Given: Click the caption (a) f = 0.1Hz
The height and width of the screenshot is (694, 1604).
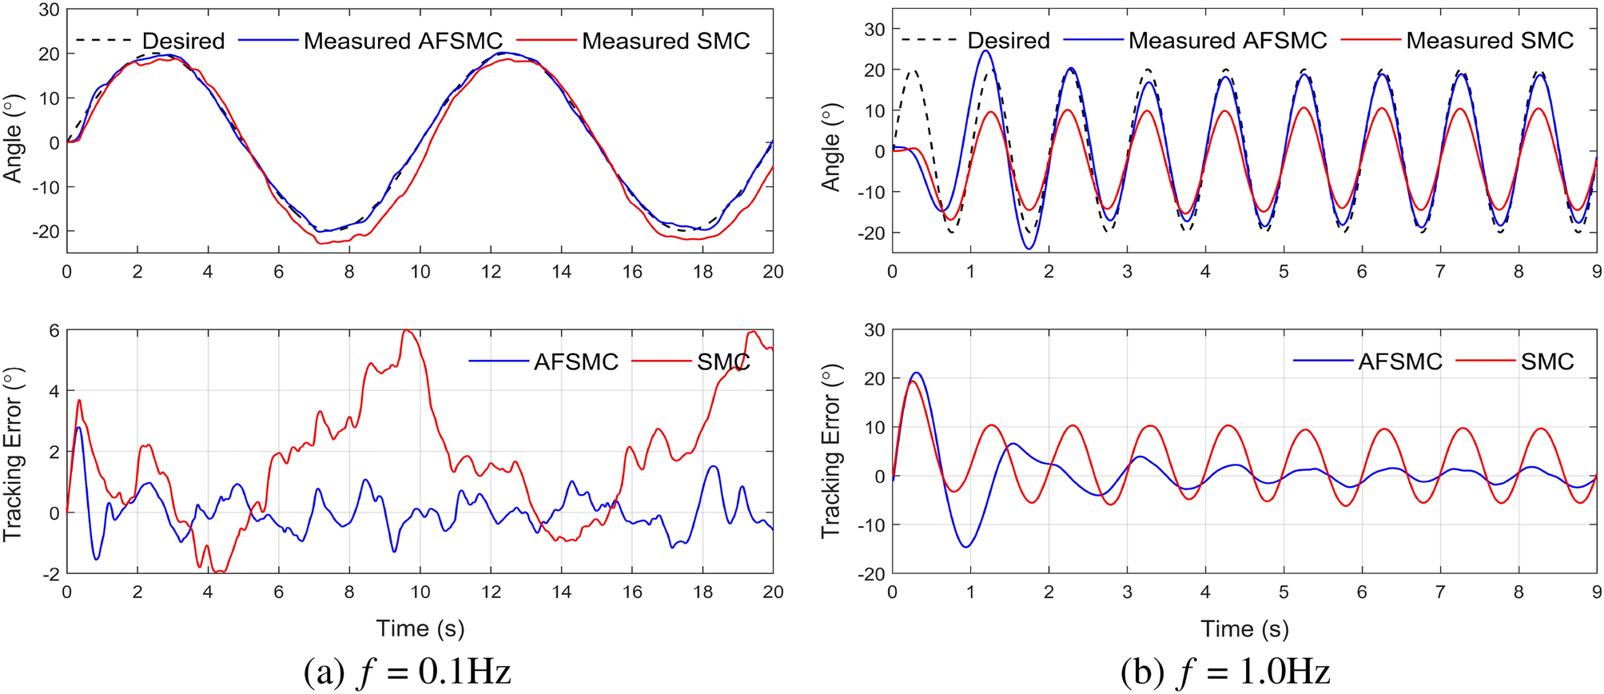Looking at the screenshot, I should [407, 672].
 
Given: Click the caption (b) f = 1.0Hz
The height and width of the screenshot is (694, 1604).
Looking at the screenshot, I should [1225, 672].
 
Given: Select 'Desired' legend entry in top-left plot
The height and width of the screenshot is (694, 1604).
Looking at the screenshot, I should [183, 41].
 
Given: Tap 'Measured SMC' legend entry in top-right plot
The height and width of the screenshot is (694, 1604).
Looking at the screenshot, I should [1490, 40].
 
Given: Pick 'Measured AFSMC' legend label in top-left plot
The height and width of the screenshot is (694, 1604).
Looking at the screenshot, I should [403, 41].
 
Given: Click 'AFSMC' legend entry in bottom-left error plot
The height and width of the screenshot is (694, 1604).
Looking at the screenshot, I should [575, 362].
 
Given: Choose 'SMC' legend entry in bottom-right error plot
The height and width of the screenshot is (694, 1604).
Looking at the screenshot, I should [1547, 362].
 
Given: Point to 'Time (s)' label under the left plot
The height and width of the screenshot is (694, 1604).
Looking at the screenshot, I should [420, 628].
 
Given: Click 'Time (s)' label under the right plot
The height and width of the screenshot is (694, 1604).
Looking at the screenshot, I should [1244, 628].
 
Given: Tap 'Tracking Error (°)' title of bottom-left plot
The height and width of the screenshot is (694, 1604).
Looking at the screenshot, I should [12, 453].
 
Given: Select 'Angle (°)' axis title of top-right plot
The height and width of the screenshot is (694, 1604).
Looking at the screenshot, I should [831, 147].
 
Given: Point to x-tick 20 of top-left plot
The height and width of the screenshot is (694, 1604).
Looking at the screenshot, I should [772, 272].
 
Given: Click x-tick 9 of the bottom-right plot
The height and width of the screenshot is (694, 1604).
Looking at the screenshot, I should [1596, 592].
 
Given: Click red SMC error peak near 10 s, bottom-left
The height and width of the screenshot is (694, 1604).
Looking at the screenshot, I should [407, 330].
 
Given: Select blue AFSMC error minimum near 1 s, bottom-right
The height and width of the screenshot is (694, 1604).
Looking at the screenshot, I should [967, 547].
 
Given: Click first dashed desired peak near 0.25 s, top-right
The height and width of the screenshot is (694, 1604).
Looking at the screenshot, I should [913, 70].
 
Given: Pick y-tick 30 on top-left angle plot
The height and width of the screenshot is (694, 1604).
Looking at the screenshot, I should [49, 10].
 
